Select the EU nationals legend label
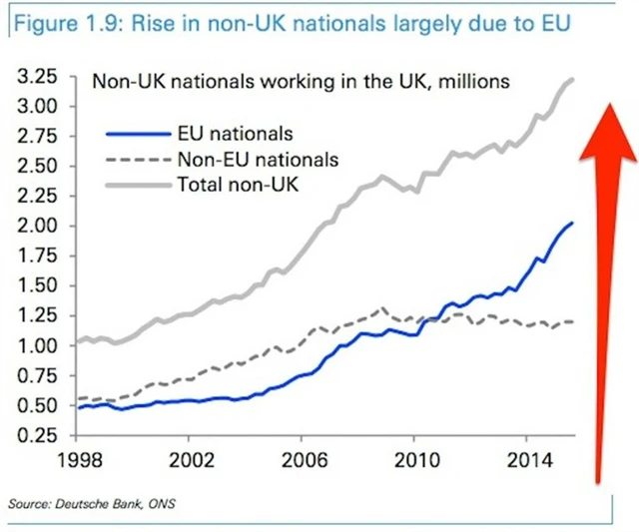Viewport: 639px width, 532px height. (x=232, y=134)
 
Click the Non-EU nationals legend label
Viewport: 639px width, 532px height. (x=257, y=158)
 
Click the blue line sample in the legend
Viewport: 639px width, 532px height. (x=138, y=134)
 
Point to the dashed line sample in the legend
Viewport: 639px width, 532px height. (x=138, y=158)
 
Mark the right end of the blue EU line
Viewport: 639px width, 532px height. (x=572, y=223)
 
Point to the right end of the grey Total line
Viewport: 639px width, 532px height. (x=572, y=80)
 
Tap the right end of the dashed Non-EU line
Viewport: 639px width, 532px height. (x=572, y=321)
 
